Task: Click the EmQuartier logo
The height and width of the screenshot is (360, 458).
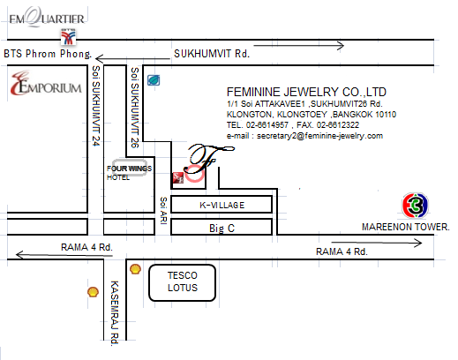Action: coord(47,17)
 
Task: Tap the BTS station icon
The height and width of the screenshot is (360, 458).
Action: coord(68,36)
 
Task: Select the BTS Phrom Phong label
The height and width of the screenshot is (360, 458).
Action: coord(48,54)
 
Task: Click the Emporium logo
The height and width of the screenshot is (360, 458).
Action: coord(46,84)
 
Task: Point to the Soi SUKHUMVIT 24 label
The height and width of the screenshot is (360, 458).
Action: coord(96,106)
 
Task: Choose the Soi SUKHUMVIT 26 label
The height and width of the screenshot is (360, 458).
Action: coord(135,108)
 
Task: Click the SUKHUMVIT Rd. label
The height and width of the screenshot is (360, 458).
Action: coord(212,54)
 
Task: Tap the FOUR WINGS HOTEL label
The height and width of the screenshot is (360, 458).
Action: coord(129,173)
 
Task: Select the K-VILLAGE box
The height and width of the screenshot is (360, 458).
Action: coord(221,205)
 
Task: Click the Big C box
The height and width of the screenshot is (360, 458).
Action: coord(221,227)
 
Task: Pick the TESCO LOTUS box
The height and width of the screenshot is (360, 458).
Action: coord(183,282)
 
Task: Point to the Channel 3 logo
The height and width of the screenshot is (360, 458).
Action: coord(415,206)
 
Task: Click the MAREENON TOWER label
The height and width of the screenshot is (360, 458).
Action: coord(406,227)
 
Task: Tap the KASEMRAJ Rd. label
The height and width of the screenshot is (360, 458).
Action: coord(115,313)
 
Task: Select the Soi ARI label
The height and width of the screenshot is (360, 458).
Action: coord(163,211)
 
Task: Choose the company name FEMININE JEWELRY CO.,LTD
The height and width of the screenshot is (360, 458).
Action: coord(306,92)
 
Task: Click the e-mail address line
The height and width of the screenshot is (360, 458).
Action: coord(304,136)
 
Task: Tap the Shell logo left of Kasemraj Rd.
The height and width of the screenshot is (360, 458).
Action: coord(93,292)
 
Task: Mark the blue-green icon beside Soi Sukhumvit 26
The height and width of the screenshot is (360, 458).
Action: coord(154,80)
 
